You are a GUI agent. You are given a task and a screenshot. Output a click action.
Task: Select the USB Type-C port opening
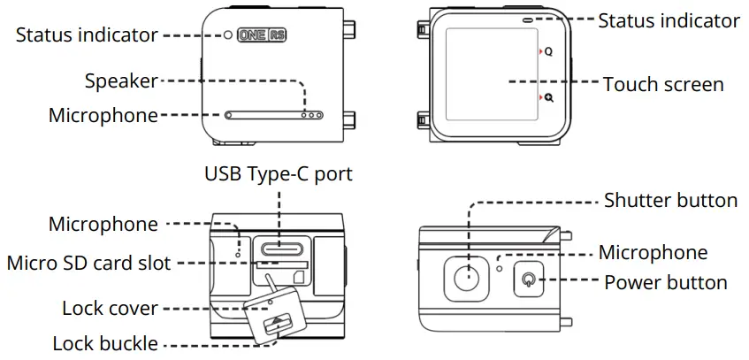(280, 248)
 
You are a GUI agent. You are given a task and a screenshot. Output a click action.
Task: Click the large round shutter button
(469, 277)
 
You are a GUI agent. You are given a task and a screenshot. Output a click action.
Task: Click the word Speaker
(120, 81)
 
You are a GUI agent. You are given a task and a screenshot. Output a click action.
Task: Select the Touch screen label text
(663, 85)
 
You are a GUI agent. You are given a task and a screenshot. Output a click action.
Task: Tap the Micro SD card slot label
(88, 264)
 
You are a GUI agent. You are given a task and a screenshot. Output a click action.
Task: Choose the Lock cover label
(110, 309)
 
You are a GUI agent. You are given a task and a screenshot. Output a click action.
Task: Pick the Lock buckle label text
(105, 344)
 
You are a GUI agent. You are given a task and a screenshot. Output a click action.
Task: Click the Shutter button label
(670, 201)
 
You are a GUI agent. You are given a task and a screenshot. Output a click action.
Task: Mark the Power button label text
(665, 284)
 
